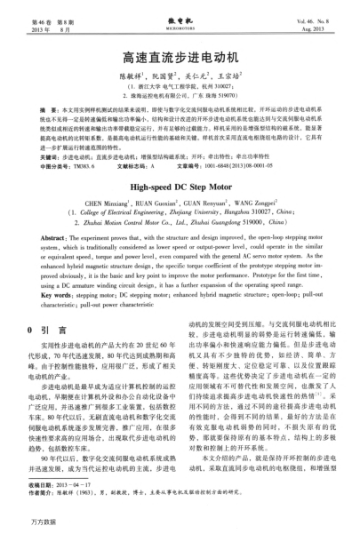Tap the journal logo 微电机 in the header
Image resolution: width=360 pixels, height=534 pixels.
tap(180, 12)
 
